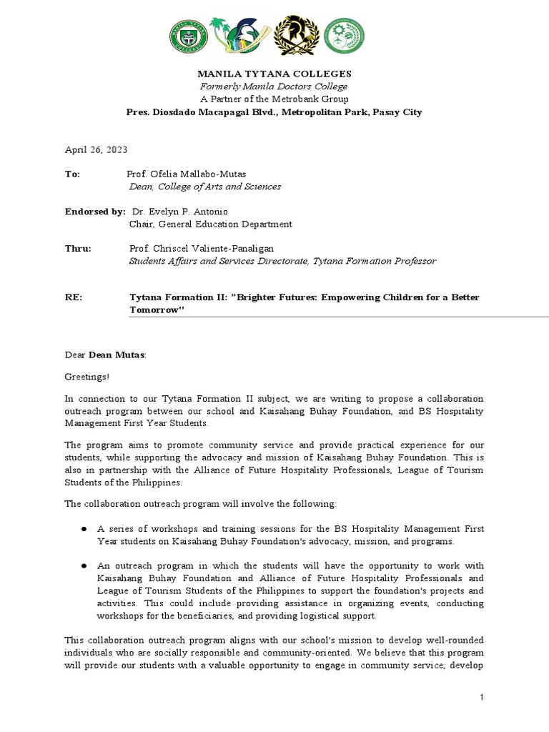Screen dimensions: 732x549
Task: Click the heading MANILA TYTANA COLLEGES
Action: pos(274,74)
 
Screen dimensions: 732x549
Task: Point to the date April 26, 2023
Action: pos(96,149)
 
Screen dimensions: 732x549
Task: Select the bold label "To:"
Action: pos(72,174)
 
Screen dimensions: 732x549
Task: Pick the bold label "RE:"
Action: pos(74,297)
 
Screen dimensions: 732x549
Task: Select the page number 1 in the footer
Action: pos(482,697)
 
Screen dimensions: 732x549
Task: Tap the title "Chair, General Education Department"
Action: pos(210,224)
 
